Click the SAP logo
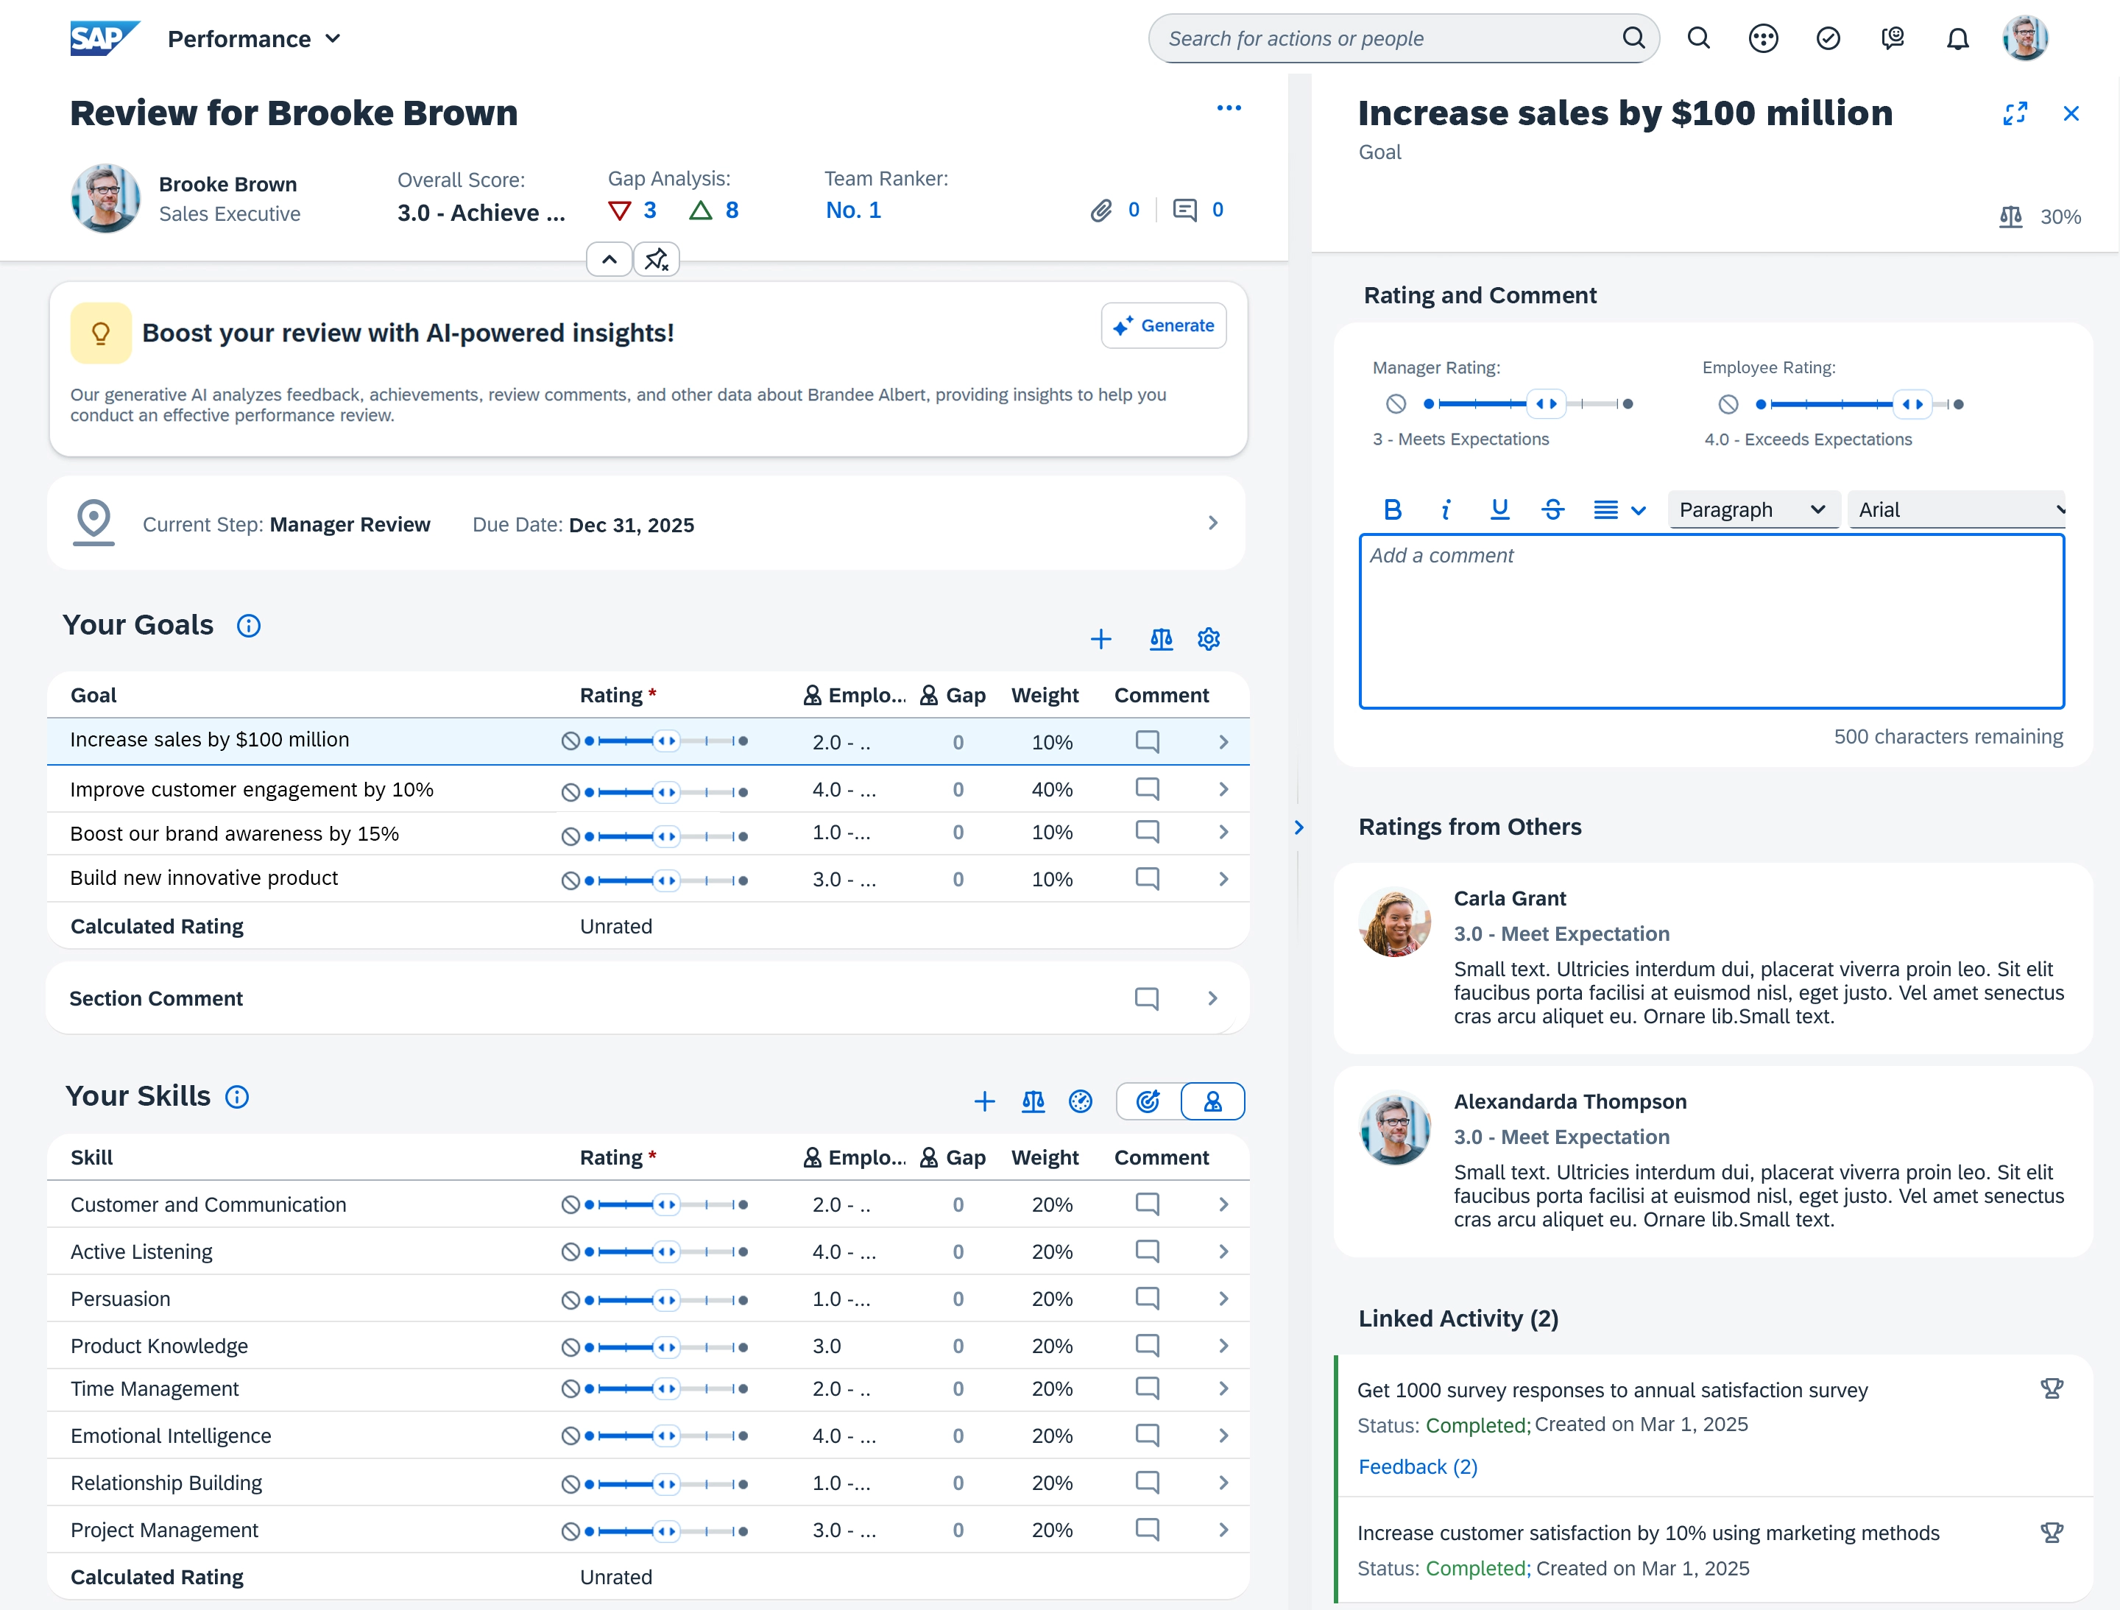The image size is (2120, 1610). (105, 38)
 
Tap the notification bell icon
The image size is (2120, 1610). (1957, 38)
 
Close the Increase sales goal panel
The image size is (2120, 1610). (2071, 113)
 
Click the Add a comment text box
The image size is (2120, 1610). (1711, 621)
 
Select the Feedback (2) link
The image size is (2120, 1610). (1418, 1467)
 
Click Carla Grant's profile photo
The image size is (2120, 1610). (1394, 922)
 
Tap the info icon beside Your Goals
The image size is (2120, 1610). (248, 626)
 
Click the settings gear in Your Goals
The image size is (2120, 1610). (1209, 639)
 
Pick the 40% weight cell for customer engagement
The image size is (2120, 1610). (1051, 790)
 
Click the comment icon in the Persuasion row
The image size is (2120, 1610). (1147, 1299)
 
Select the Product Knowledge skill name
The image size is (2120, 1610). (159, 1346)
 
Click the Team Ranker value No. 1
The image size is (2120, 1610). (853, 211)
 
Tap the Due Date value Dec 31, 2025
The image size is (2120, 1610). (631, 525)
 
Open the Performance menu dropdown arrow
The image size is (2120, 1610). (333, 39)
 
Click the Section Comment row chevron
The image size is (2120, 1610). (1212, 998)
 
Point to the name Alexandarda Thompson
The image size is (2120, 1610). (1570, 1102)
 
